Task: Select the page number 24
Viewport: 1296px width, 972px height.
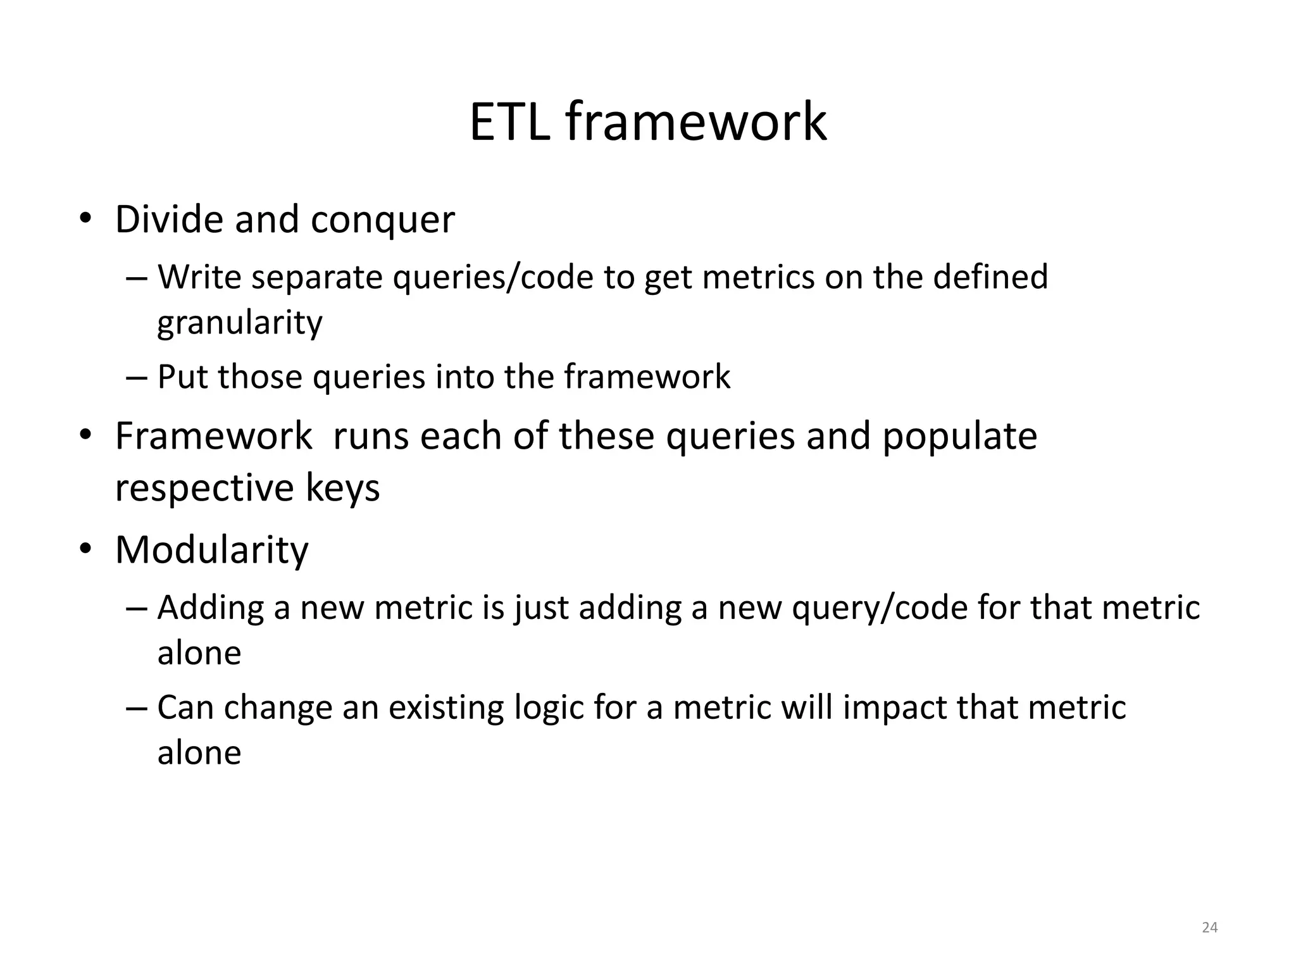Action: (1209, 927)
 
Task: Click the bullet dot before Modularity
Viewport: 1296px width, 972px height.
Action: (86, 549)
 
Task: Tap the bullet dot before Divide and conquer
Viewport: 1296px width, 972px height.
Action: (86, 219)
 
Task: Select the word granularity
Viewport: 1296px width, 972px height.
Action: (240, 323)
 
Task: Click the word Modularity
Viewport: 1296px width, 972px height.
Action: (211, 549)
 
